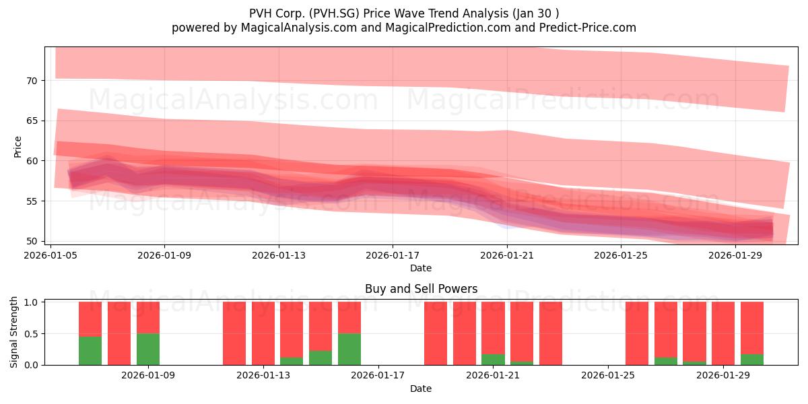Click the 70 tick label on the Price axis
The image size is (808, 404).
[32, 81]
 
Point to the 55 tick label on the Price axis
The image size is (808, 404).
[32, 201]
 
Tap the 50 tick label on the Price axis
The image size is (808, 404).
[32, 241]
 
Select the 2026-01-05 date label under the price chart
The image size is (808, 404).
[50, 255]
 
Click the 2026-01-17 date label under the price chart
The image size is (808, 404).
[393, 255]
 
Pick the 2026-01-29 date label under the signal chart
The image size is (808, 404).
[723, 375]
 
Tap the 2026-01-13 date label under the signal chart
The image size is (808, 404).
[263, 375]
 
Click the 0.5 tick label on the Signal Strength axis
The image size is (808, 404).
[31, 334]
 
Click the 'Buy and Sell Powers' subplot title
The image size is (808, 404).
[421, 289]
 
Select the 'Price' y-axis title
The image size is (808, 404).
[18, 147]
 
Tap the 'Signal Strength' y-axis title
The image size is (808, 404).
[13, 332]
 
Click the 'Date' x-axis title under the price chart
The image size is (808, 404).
[421, 268]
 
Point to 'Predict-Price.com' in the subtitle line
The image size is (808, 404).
[588, 28]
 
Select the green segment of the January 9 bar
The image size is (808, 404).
[148, 349]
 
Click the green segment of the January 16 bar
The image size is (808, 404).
[349, 349]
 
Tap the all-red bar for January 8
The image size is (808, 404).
[119, 333]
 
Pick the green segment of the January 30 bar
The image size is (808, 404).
[751, 360]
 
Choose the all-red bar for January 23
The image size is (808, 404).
[551, 333]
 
